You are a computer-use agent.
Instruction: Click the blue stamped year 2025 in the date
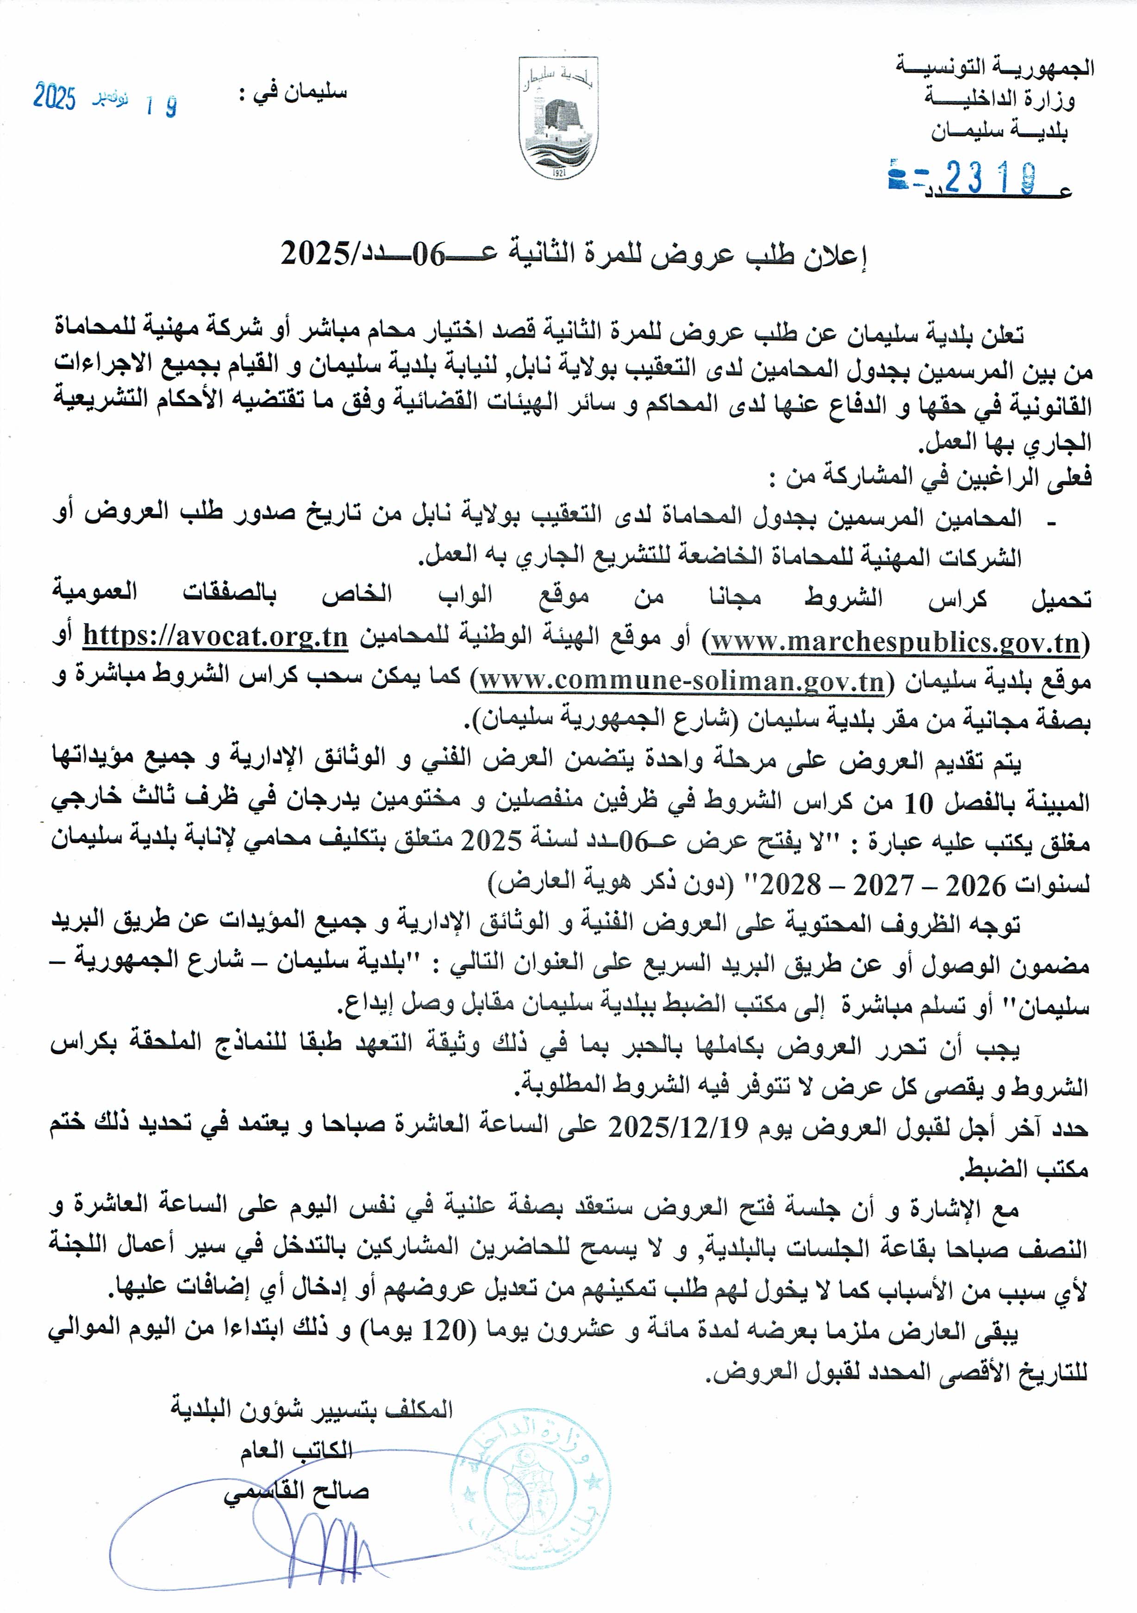coord(54,96)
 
